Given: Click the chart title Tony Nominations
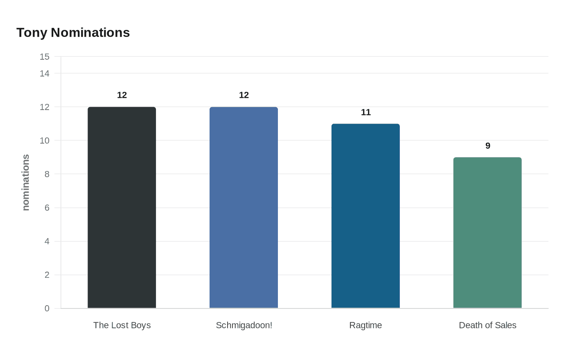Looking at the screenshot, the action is tap(73, 33).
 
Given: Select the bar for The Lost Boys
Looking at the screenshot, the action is tap(122, 207).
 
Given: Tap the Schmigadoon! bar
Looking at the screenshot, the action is tap(244, 207).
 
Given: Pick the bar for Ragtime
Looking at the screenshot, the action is tap(365, 216).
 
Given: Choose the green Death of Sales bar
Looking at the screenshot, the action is tap(487, 233).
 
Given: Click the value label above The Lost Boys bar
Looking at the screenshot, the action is tap(122, 95).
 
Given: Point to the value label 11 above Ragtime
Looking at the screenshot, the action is tap(366, 112).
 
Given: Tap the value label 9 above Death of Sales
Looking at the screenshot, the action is tap(488, 146).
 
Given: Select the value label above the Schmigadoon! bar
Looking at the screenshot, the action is tap(244, 95).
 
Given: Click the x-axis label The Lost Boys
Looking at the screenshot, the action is tap(122, 325).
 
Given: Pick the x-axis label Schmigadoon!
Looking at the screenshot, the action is tap(244, 325).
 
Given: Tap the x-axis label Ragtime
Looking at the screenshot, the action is tap(365, 325).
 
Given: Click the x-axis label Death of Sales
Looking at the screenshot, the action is tap(487, 325).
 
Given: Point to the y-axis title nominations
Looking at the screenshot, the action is tap(26, 182).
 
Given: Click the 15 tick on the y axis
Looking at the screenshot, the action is tap(45, 57).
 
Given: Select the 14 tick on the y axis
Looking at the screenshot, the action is tap(45, 74).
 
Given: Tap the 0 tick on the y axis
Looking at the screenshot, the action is tap(47, 308).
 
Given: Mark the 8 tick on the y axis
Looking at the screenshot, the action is tap(47, 174).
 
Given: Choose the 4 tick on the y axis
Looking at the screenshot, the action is tap(47, 241).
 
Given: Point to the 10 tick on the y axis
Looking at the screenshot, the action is tap(45, 141).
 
